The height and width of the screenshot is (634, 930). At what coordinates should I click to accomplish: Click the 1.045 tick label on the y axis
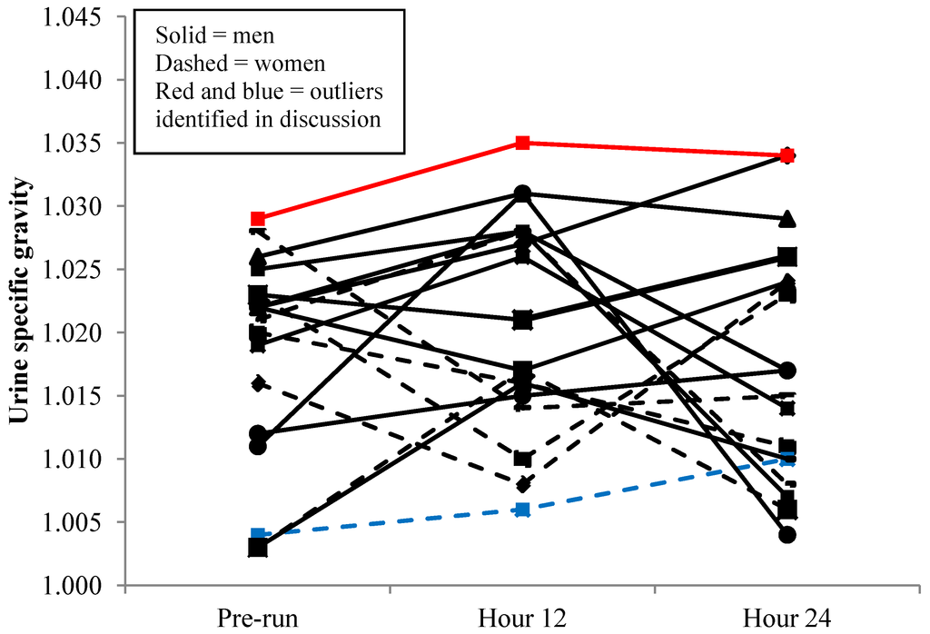[x=67, y=17]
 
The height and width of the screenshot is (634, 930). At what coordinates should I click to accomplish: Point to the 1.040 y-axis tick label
[x=67, y=81]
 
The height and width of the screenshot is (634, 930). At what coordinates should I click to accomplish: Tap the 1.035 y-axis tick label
[x=67, y=144]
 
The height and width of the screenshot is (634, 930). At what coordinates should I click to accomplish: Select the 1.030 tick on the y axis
[x=67, y=207]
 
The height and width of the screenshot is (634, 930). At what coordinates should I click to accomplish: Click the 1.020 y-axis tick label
[x=67, y=333]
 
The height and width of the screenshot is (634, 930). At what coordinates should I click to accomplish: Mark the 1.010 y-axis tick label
[x=67, y=460]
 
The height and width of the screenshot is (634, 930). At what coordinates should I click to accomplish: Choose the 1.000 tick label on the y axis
[x=67, y=586]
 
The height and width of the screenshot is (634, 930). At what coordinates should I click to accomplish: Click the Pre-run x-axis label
[x=258, y=617]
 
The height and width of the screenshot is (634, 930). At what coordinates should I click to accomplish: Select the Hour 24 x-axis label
[x=787, y=617]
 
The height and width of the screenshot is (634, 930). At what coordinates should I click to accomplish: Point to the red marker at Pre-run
[x=258, y=219]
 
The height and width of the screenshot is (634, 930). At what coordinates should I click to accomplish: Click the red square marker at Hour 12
[x=522, y=143]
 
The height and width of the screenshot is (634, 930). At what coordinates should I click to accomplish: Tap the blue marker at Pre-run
[x=258, y=535]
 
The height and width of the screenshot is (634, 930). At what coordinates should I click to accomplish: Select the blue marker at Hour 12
[x=522, y=510]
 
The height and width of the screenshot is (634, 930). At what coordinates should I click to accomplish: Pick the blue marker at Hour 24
[x=787, y=460]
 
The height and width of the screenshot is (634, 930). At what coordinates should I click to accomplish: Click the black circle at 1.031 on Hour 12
[x=522, y=193]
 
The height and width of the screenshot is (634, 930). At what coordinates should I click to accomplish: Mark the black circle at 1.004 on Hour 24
[x=787, y=535]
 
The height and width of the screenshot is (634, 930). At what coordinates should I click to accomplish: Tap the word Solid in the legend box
[x=177, y=36]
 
